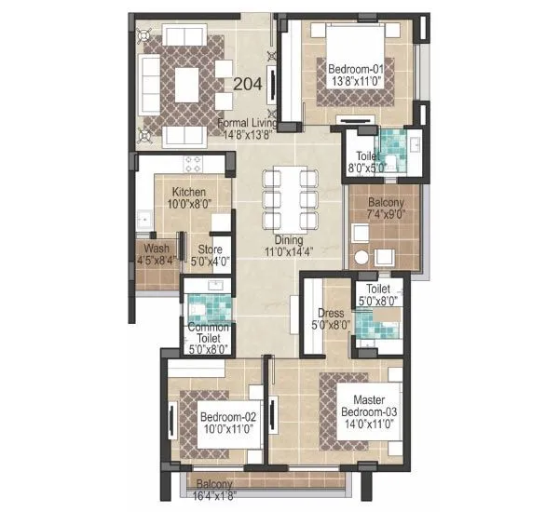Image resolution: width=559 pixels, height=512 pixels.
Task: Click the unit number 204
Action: pos(247,84)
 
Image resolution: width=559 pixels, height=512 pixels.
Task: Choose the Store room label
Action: pos(211,249)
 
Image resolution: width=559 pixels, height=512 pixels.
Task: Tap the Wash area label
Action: pos(157,249)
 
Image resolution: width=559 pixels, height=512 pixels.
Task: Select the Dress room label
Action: pos(332,314)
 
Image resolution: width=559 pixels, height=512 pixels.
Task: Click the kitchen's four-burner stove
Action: pos(194,165)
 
